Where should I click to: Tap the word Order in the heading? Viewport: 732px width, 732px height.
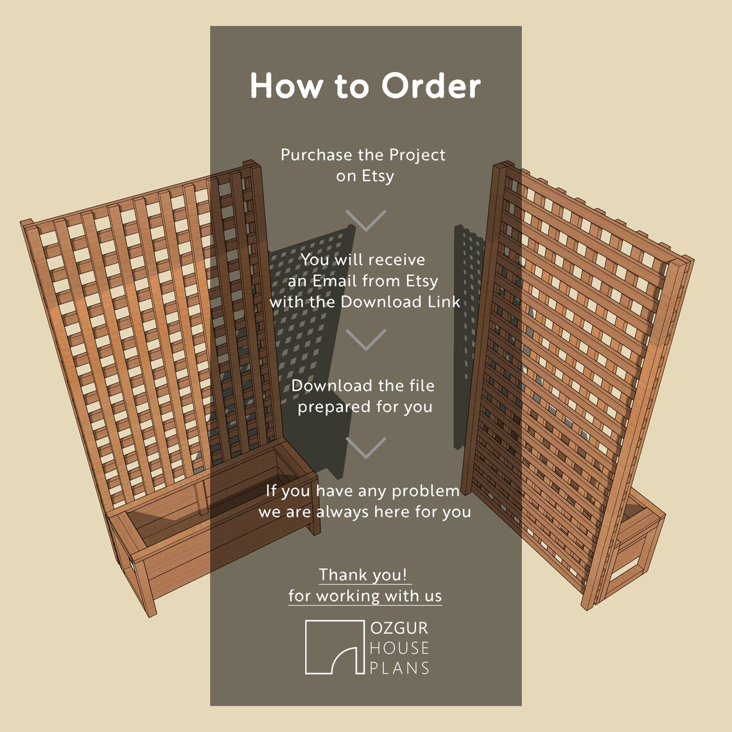[431, 86]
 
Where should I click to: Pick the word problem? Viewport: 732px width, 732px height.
[425, 491]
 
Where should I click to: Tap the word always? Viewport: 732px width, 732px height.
[347, 512]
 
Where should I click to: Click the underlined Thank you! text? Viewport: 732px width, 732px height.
[363, 575]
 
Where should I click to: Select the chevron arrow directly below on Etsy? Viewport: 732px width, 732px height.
[365, 220]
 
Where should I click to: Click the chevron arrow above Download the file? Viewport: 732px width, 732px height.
[365, 340]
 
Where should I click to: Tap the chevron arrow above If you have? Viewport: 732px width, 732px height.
[365, 448]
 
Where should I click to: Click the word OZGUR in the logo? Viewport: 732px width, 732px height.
[399, 628]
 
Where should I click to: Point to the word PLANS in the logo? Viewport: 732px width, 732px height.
[399, 668]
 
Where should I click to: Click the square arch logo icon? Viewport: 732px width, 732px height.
[334, 647]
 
